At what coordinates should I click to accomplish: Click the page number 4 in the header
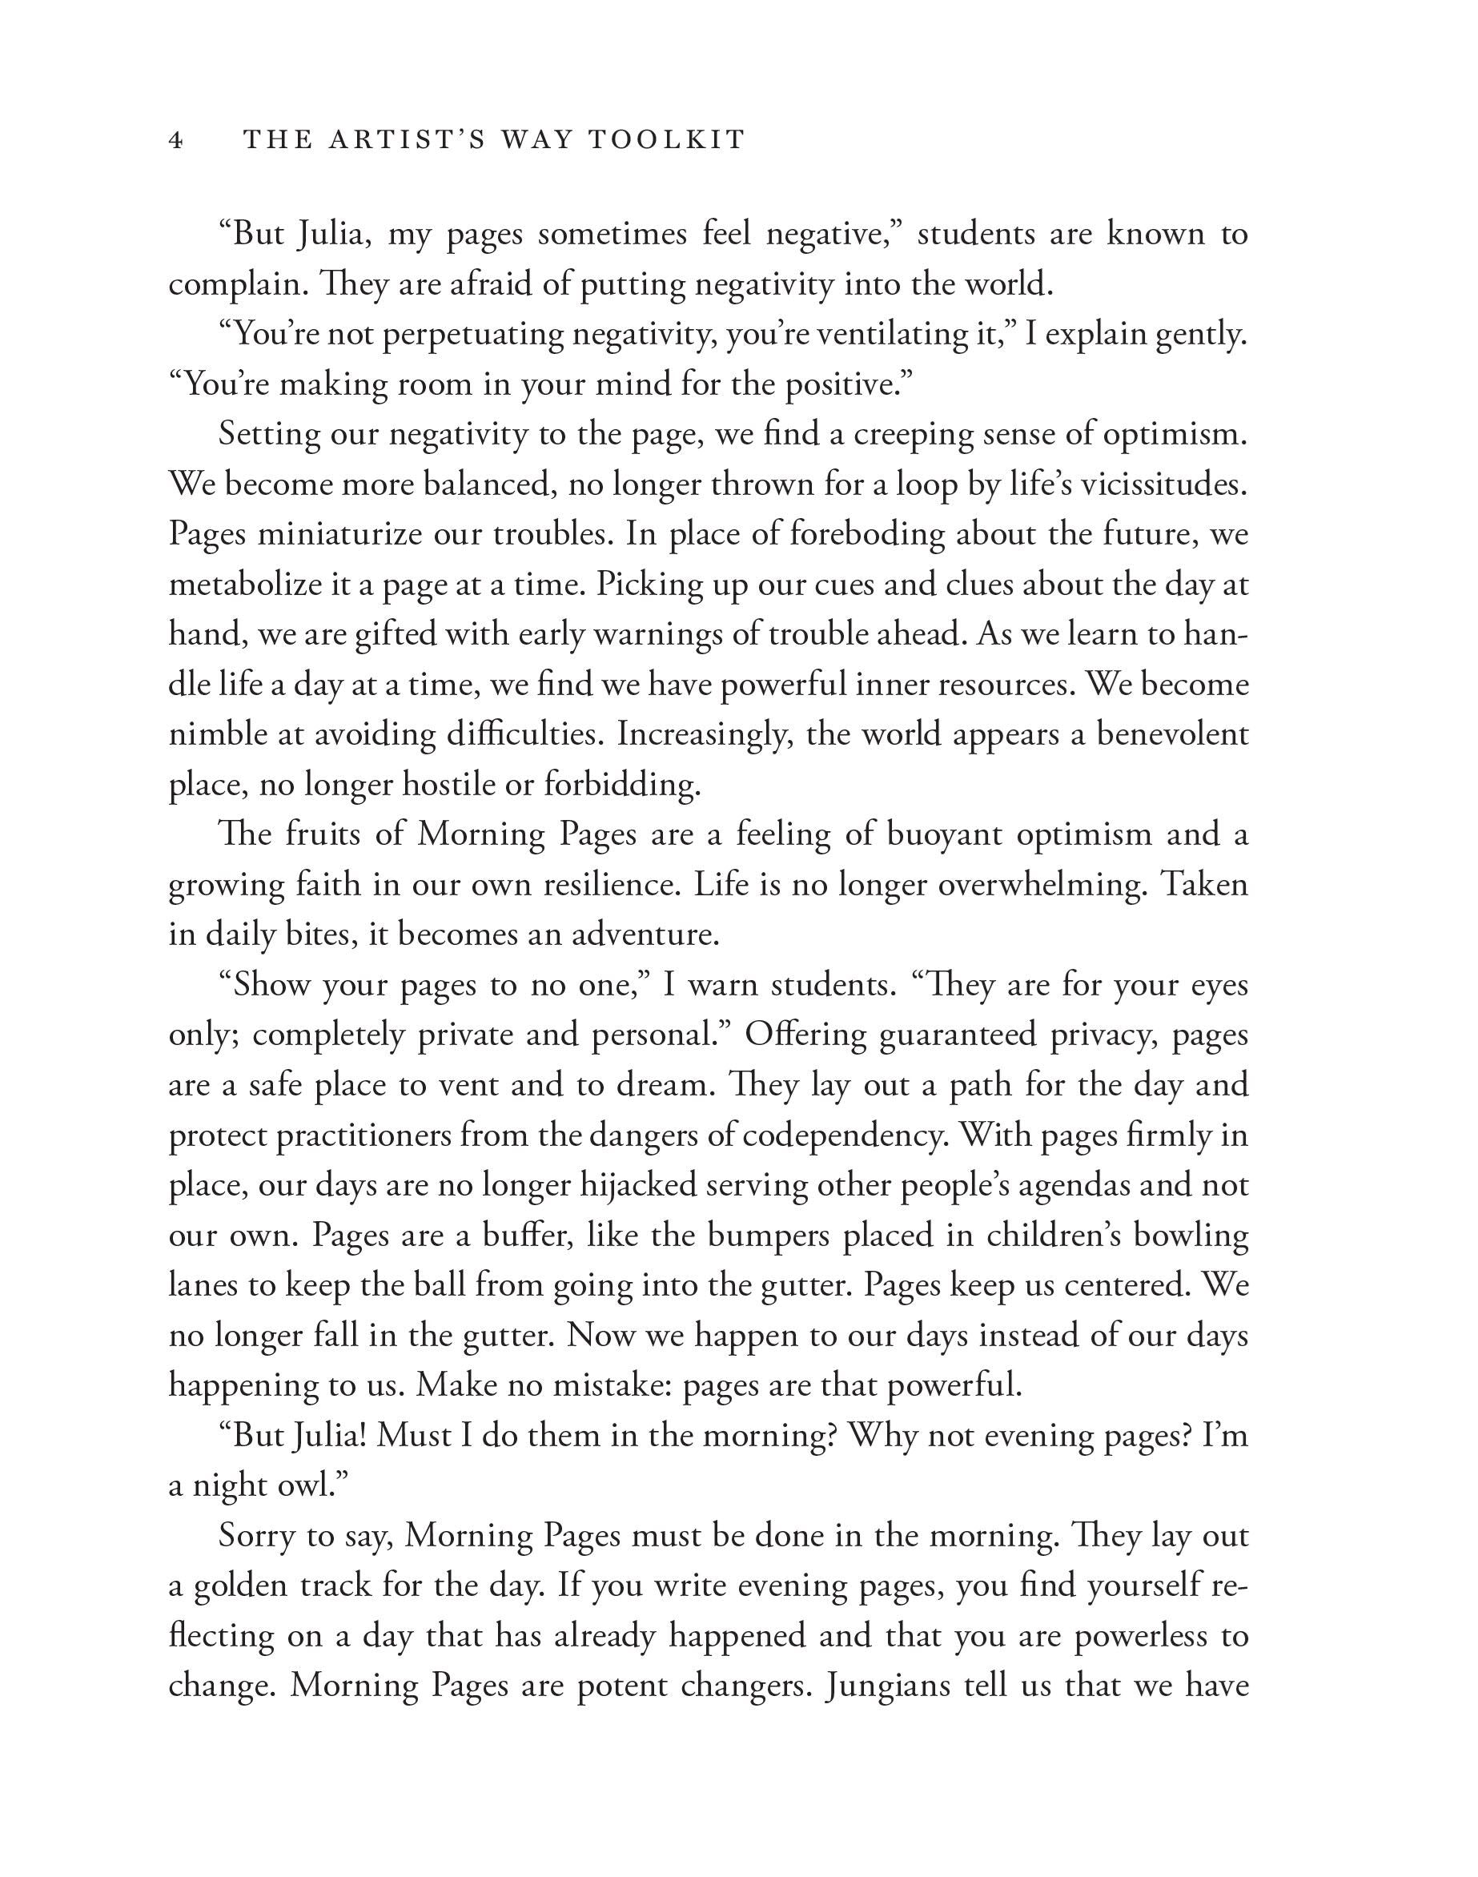175,140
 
